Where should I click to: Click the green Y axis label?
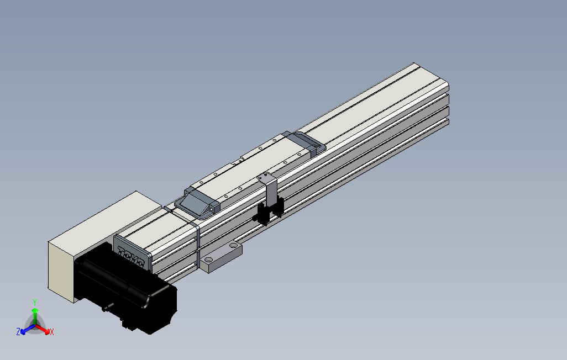click(x=34, y=302)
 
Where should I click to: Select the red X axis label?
click(x=52, y=332)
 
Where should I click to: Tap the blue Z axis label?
click(x=18, y=331)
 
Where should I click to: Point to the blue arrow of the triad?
click(x=25, y=330)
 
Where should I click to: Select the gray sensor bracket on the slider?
click(x=270, y=188)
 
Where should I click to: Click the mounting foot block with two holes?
click(x=221, y=256)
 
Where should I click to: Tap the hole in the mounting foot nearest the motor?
click(x=208, y=259)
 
